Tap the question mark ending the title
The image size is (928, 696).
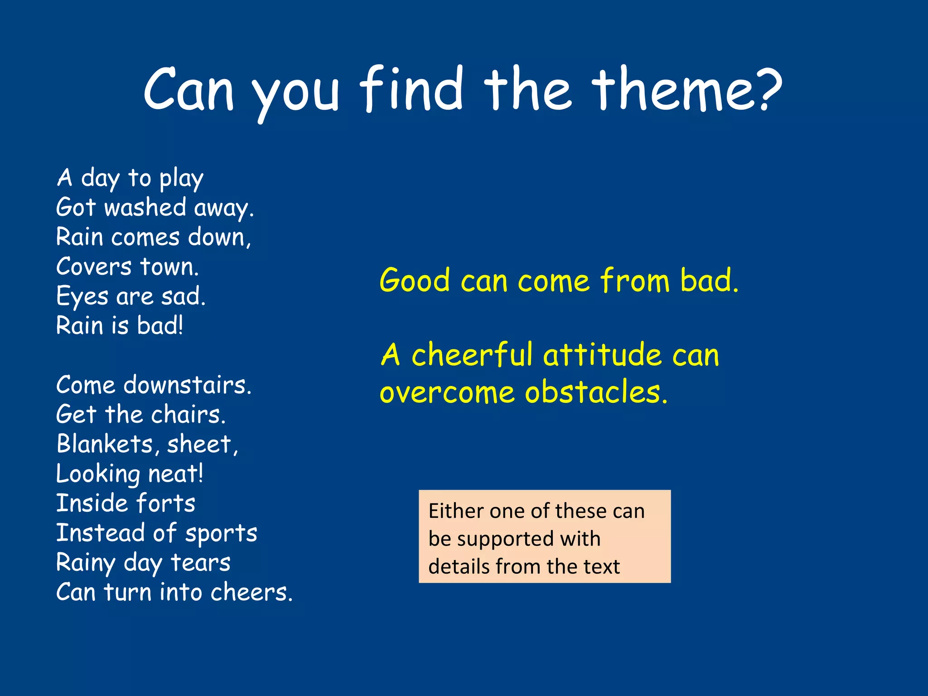pyautogui.click(x=768, y=91)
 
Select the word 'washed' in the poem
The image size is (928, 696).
pyautogui.click(x=145, y=208)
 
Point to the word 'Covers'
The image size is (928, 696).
pyautogui.click(x=94, y=266)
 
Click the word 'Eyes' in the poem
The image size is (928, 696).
pyautogui.click(x=82, y=297)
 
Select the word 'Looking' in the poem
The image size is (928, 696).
pyautogui.click(x=98, y=474)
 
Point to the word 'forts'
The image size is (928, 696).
pyautogui.click(x=165, y=503)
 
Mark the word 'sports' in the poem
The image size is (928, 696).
pyautogui.click(x=221, y=534)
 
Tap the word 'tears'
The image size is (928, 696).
pyautogui.click(x=200, y=563)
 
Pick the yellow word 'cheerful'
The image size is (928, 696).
pyautogui.click(x=472, y=354)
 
